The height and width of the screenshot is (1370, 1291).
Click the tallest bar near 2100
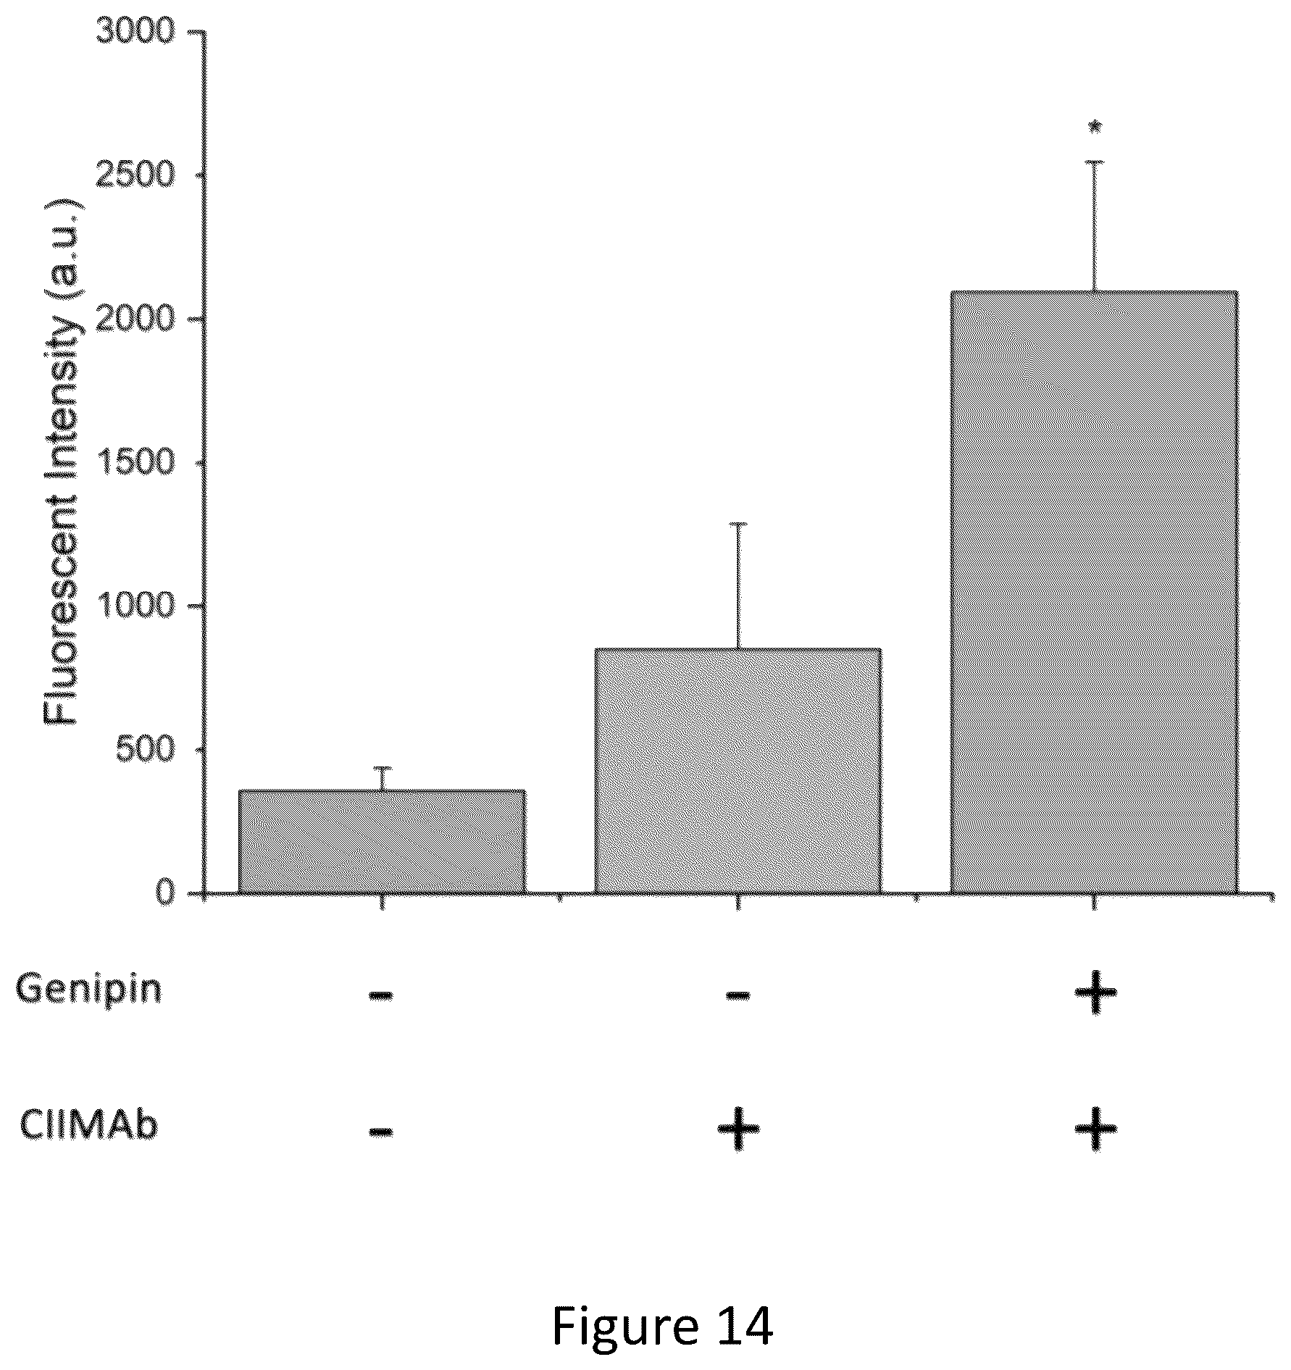click(x=1093, y=592)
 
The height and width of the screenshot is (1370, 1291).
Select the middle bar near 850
click(x=738, y=771)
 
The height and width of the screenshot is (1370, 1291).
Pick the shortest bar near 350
click(x=382, y=842)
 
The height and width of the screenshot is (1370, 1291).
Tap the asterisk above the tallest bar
click(x=1095, y=128)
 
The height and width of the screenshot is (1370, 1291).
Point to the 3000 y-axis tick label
click(x=136, y=31)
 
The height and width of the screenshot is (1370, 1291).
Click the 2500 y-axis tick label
click(x=136, y=175)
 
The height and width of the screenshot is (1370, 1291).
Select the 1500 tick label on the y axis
click(x=136, y=461)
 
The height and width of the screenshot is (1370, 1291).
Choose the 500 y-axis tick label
click(x=146, y=748)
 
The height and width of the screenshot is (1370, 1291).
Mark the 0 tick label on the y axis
click(x=166, y=892)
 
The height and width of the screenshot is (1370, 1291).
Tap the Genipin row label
click(x=88, y=989)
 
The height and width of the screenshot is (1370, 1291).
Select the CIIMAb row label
click(x=88, y=1125)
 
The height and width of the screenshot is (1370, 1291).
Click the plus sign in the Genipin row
click(x=1095, y=992)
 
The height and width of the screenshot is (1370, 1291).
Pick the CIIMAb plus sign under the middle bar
click(x=738, y=1129)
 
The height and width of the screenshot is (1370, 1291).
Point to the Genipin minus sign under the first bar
click(x=381, y=995)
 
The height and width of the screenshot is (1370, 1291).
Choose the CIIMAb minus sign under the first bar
click(x=381, y=1131)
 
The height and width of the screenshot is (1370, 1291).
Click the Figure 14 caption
click(x=662, y=1325)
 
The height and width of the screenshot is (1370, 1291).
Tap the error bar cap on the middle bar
click(x=738, y=524)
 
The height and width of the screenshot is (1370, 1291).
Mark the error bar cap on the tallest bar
click(x=1094, y=162)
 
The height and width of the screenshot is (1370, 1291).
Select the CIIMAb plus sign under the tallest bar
click(x=1095, y=1129)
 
